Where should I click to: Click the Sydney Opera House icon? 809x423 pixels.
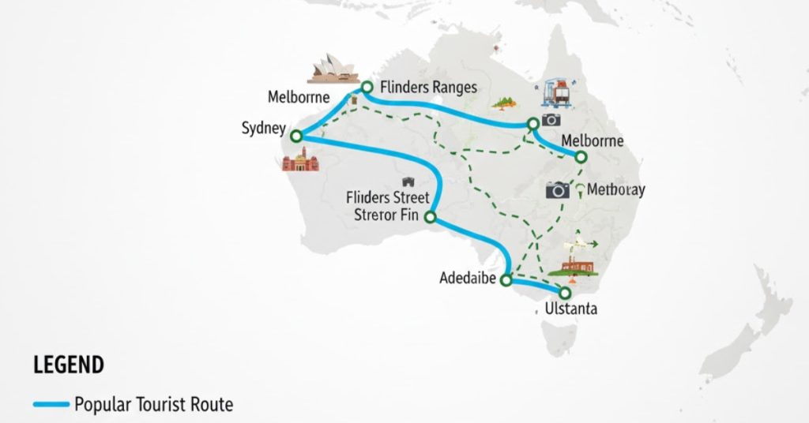pos(332,69)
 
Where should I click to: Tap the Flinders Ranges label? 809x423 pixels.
pos(428,88)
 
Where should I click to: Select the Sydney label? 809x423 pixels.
pos(262,129)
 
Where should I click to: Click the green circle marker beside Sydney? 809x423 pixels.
pos(296,137)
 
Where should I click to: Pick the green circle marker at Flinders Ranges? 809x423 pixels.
pos(367,86)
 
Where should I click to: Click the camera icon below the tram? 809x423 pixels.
pos(551,120)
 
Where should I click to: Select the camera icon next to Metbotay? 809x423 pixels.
pos(558,189)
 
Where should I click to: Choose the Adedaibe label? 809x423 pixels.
pos(472,279)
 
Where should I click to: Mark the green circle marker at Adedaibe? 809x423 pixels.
pos(508,280)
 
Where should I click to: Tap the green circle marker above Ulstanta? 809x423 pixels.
pos(565,293)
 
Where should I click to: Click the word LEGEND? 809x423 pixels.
pos(69,365)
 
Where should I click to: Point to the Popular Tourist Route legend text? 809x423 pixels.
pos(154,406)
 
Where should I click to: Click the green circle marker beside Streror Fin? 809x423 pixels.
pos(431,217)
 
